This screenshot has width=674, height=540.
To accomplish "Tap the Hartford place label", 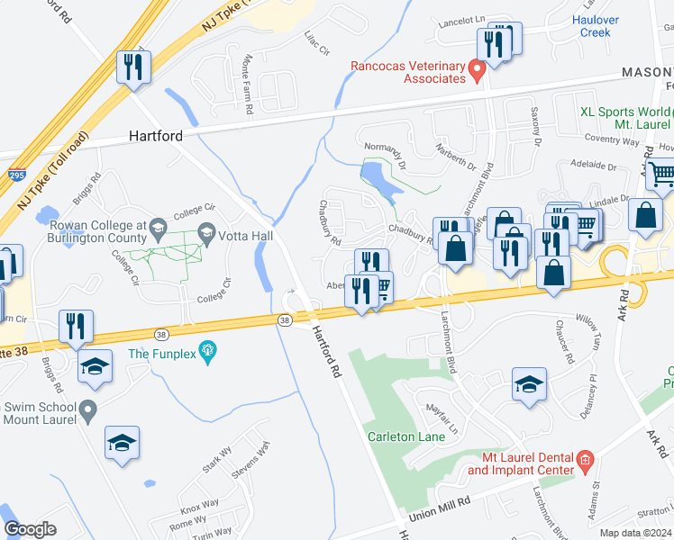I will pos(156,136).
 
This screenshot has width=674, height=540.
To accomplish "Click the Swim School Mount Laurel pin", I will pos(87,412).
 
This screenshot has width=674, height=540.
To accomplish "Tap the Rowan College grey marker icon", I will pos(158,225).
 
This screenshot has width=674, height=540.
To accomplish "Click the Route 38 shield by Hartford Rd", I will pos(285,319).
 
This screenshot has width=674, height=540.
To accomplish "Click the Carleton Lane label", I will pos(406,437).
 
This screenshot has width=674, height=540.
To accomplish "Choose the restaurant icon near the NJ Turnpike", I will pos(133,67).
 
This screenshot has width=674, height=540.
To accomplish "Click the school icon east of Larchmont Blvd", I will pos(529,384).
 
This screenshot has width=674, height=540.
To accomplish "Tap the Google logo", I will pos(30,529).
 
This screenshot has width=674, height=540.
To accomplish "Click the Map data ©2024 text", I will pos(636,533).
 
